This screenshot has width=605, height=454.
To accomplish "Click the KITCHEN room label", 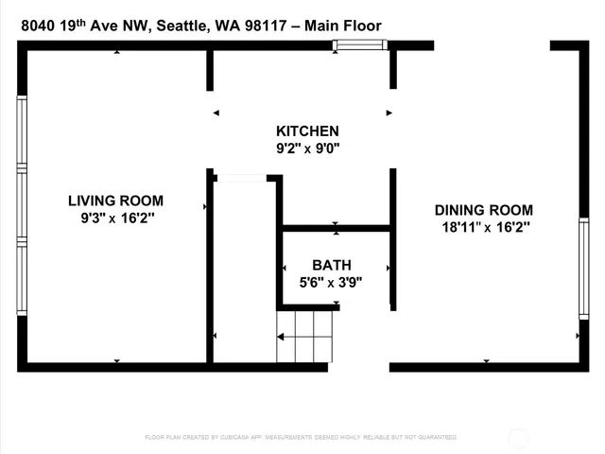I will (307, 131).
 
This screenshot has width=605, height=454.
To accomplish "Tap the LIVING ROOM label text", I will (115, 201).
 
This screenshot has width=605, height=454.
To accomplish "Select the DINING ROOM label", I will (483, 210).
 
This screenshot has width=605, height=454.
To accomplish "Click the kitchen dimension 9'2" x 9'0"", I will (307, 148).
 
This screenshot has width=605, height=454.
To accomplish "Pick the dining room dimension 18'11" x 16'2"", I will (483, 227).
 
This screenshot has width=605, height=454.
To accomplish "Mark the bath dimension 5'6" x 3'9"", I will (330, 282).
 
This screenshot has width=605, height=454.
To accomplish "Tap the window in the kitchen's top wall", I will (359, 44).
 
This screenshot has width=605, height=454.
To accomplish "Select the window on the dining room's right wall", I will (583, 270).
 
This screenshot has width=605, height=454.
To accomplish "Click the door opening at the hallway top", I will (241, 178).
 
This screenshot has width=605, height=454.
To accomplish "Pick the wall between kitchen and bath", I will (337, 228).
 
